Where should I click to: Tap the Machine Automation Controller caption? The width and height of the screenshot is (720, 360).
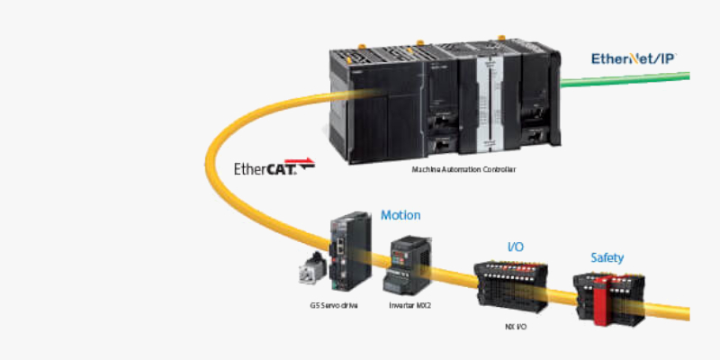463,169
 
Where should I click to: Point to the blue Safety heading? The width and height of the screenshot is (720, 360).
607,257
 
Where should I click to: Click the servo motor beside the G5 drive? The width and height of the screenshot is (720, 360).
317,270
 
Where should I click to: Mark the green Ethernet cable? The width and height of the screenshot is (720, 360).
630,81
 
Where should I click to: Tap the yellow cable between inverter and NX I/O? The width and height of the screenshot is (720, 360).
454,274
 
